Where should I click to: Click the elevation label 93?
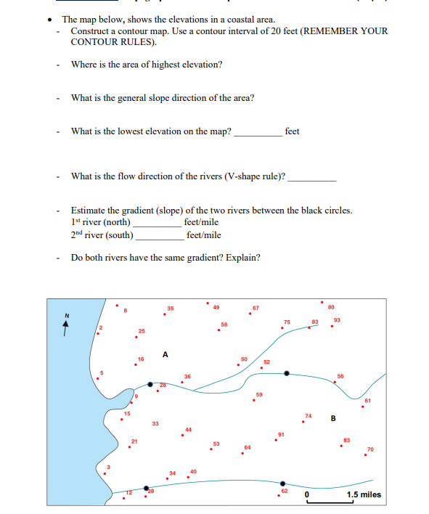coord(337,319)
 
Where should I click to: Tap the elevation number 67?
coord(256,309)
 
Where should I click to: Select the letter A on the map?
coord(166,354)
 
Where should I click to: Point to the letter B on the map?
coord(333,417)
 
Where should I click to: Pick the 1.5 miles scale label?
coord(363,495)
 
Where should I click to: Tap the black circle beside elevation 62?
coord(282,484)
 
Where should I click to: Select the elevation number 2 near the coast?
coord(102,329)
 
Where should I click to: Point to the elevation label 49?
coord(216,307)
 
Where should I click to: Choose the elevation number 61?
coord(367,401)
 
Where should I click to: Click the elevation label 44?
coord(189,430)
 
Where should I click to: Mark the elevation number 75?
coord(287,322)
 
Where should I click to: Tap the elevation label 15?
coord(126,414)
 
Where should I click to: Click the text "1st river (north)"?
coord(101,221)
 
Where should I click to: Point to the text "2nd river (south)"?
coord(102,234)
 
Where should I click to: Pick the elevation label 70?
coord(371,449)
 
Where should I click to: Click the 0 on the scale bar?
coord(307,495)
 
